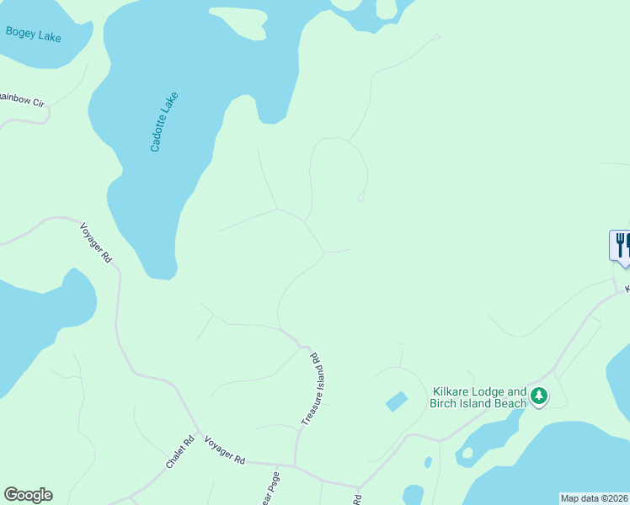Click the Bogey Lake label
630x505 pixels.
tap(33, 35)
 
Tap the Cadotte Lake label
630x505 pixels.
tap(165, 121)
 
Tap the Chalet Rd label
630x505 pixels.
tap(180, 453)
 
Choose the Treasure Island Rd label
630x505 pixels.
tap(313, 388)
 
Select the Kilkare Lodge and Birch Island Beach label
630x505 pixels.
tap(479, 397)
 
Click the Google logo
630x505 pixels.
tap(28, 495)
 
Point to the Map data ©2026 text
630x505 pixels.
tap(595, 498)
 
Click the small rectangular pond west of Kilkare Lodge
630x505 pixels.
tap(397, 401)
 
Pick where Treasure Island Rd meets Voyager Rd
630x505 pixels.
tap(295, 465)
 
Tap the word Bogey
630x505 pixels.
tap(20, 33)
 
